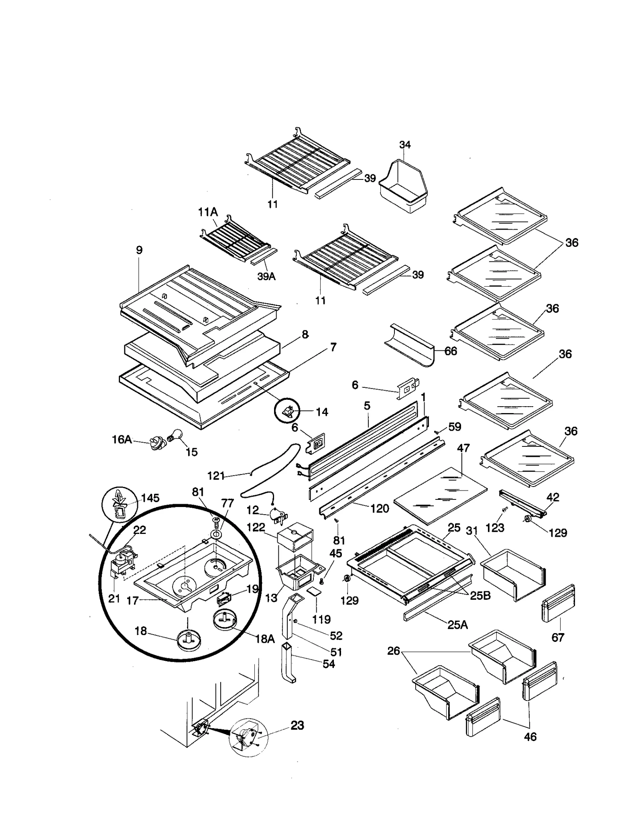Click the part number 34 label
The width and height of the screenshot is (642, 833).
coord(405,145)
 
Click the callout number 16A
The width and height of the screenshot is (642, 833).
coord(122,439)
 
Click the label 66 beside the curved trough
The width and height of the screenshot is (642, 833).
coord(451,351)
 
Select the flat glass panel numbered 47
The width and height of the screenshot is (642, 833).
coord(441,495)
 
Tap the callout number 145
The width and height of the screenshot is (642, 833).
coord(150,498)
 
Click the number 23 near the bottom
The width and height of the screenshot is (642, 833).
coord(297,725)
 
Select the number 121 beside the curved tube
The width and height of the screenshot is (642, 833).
coord(215,476)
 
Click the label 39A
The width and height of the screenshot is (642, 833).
coord(266,276)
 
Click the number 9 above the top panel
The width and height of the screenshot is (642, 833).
coord(139,250)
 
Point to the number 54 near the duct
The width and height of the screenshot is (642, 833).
coord(329,664)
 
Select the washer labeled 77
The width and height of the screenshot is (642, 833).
coord(216,534)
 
